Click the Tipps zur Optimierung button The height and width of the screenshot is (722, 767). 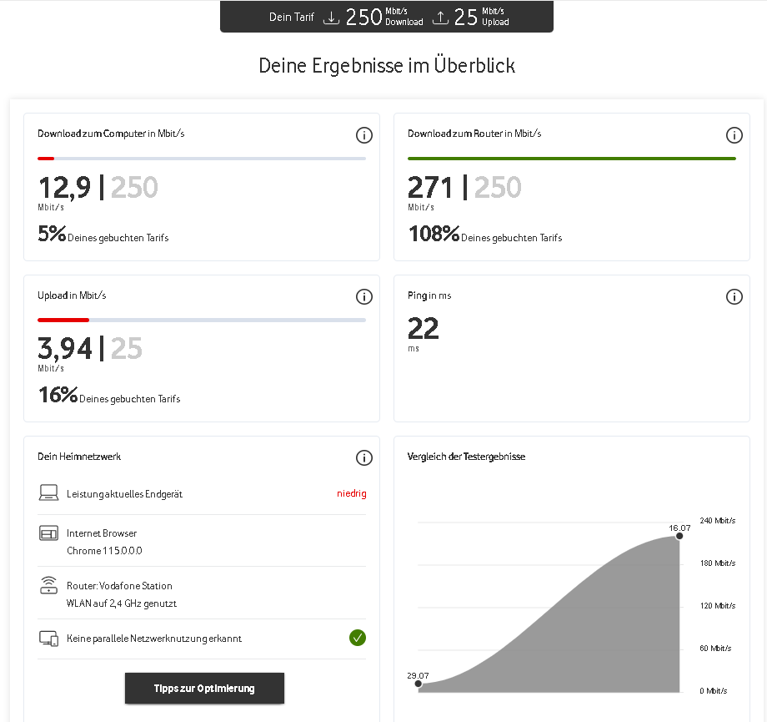point(204,688)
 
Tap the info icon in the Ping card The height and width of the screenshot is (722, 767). point(734,296)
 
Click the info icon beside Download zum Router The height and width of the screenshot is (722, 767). point(734,134)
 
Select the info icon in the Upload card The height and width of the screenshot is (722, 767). point(364,296)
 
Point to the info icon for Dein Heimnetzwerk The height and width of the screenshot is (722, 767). point(364,457)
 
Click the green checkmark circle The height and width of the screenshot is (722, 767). point(358,638)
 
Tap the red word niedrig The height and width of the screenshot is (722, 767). point(352,493)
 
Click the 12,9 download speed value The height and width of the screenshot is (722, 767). point(64,188)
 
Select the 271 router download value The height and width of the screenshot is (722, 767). point(430,187)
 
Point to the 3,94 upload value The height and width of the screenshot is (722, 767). point(65,348)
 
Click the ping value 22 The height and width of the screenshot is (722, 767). point(424,328)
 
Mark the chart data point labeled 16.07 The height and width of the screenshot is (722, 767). point(679,536)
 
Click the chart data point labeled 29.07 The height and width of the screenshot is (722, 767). point(419,684)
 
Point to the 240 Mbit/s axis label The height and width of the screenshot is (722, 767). point(718,520)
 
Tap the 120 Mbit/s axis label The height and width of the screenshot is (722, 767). point(718,605)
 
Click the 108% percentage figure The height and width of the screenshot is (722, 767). point(434,234)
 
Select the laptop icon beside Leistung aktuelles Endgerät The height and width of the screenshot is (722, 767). point(48,492)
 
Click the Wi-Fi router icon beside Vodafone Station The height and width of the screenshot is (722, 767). point(48,585)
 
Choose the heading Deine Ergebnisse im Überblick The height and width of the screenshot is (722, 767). point(387,66)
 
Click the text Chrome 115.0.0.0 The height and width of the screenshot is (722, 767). point(104,551)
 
